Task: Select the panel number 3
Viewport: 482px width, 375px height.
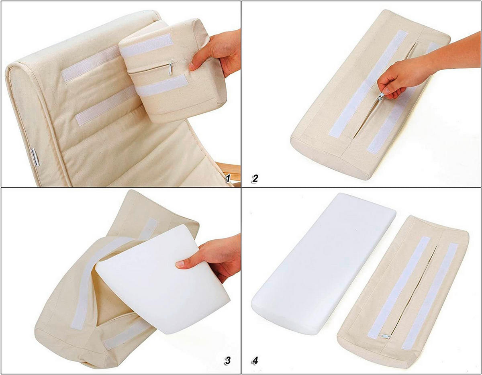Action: [x=228, y=360]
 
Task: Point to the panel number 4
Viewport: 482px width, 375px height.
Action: [x=255, y=360]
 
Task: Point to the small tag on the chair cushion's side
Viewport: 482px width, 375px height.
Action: [x=35, y=157]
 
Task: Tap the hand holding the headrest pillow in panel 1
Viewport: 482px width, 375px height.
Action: [x=215, y=50]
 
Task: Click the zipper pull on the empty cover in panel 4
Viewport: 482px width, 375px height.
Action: [x=386, y=335]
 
